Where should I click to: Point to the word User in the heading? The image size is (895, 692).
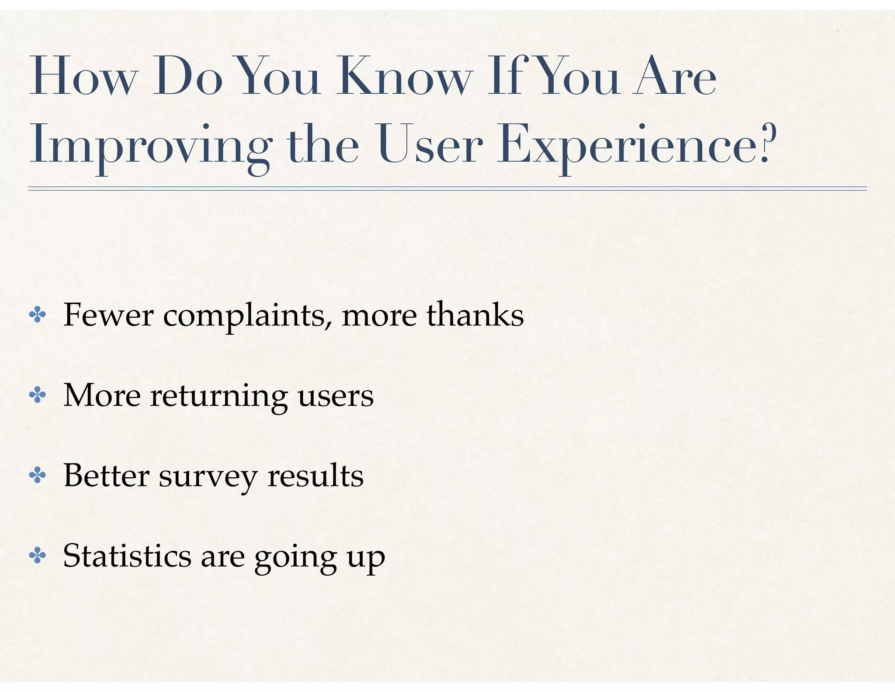pyautogui.click(x=430, y=144)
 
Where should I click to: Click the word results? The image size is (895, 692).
pyautogui.click(x=315, y=475)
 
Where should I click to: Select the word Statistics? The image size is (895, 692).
pyautogui.click(x=127, y=556)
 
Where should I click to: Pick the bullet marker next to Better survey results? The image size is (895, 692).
pyautogui.click(x=38, y=476)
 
